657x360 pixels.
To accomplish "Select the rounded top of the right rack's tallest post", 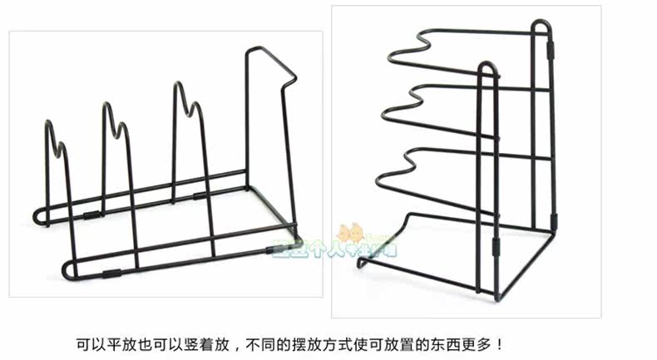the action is [x=541, y=25].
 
